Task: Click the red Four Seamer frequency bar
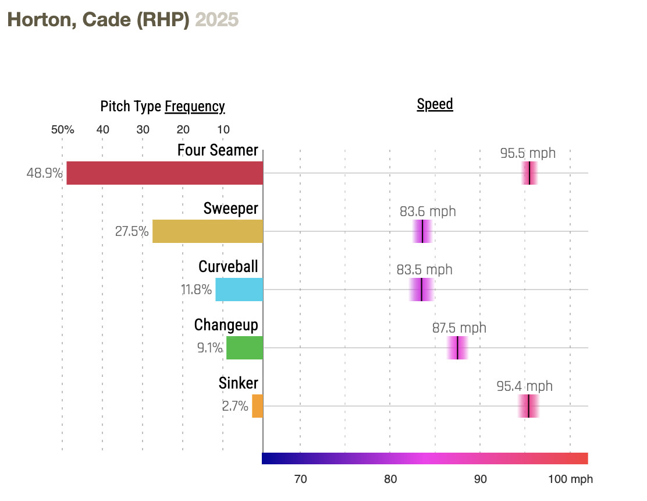click(x=165, y=173)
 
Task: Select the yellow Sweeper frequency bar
click(x=208, y=231)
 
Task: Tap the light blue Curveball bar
click(x=239, y=290)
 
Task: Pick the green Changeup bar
click(x=244, y=348)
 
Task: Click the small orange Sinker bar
click(x=257, y=406)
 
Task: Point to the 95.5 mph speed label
click(x=528, y=154)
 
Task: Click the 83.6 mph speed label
click(x=428, y=211)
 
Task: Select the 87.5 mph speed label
click(x=459, y=328)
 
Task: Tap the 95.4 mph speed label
click(x=524, y=386)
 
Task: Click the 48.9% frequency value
click(x=44, y=173)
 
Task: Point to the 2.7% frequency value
click(x=235, y=406)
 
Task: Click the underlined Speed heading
click(x=435, y=105)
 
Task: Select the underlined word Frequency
click(x=194, y=107)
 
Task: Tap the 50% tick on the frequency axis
click(x=62, y=129)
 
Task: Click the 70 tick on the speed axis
click(x=300, y=479)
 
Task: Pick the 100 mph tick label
click(x=570, y=479)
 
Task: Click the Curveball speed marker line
click(x=421, y=290)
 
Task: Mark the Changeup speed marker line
click(x=457, y=348)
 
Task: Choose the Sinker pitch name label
click(x=238, y=383)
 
